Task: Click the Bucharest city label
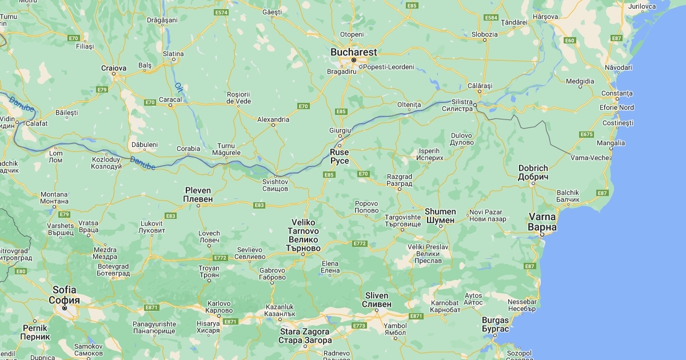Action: click(x=353, y=52)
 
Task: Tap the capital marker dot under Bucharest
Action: click(x=353, y=60)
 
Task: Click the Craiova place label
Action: click(x=113, y=68)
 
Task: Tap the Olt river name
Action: click(x=178, y=87)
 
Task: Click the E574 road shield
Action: click(x=221, y=12)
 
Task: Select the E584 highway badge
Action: click(x=490, y=18)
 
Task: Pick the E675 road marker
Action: click(x=586, y=134)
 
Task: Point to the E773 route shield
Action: click(x=359, y=326)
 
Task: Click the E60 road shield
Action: click(x=569, y=41)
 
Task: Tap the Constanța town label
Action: click(x=617, y=93)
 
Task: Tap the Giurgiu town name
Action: click(x=340, y=130)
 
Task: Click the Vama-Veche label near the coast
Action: click(x=590, y=157)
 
